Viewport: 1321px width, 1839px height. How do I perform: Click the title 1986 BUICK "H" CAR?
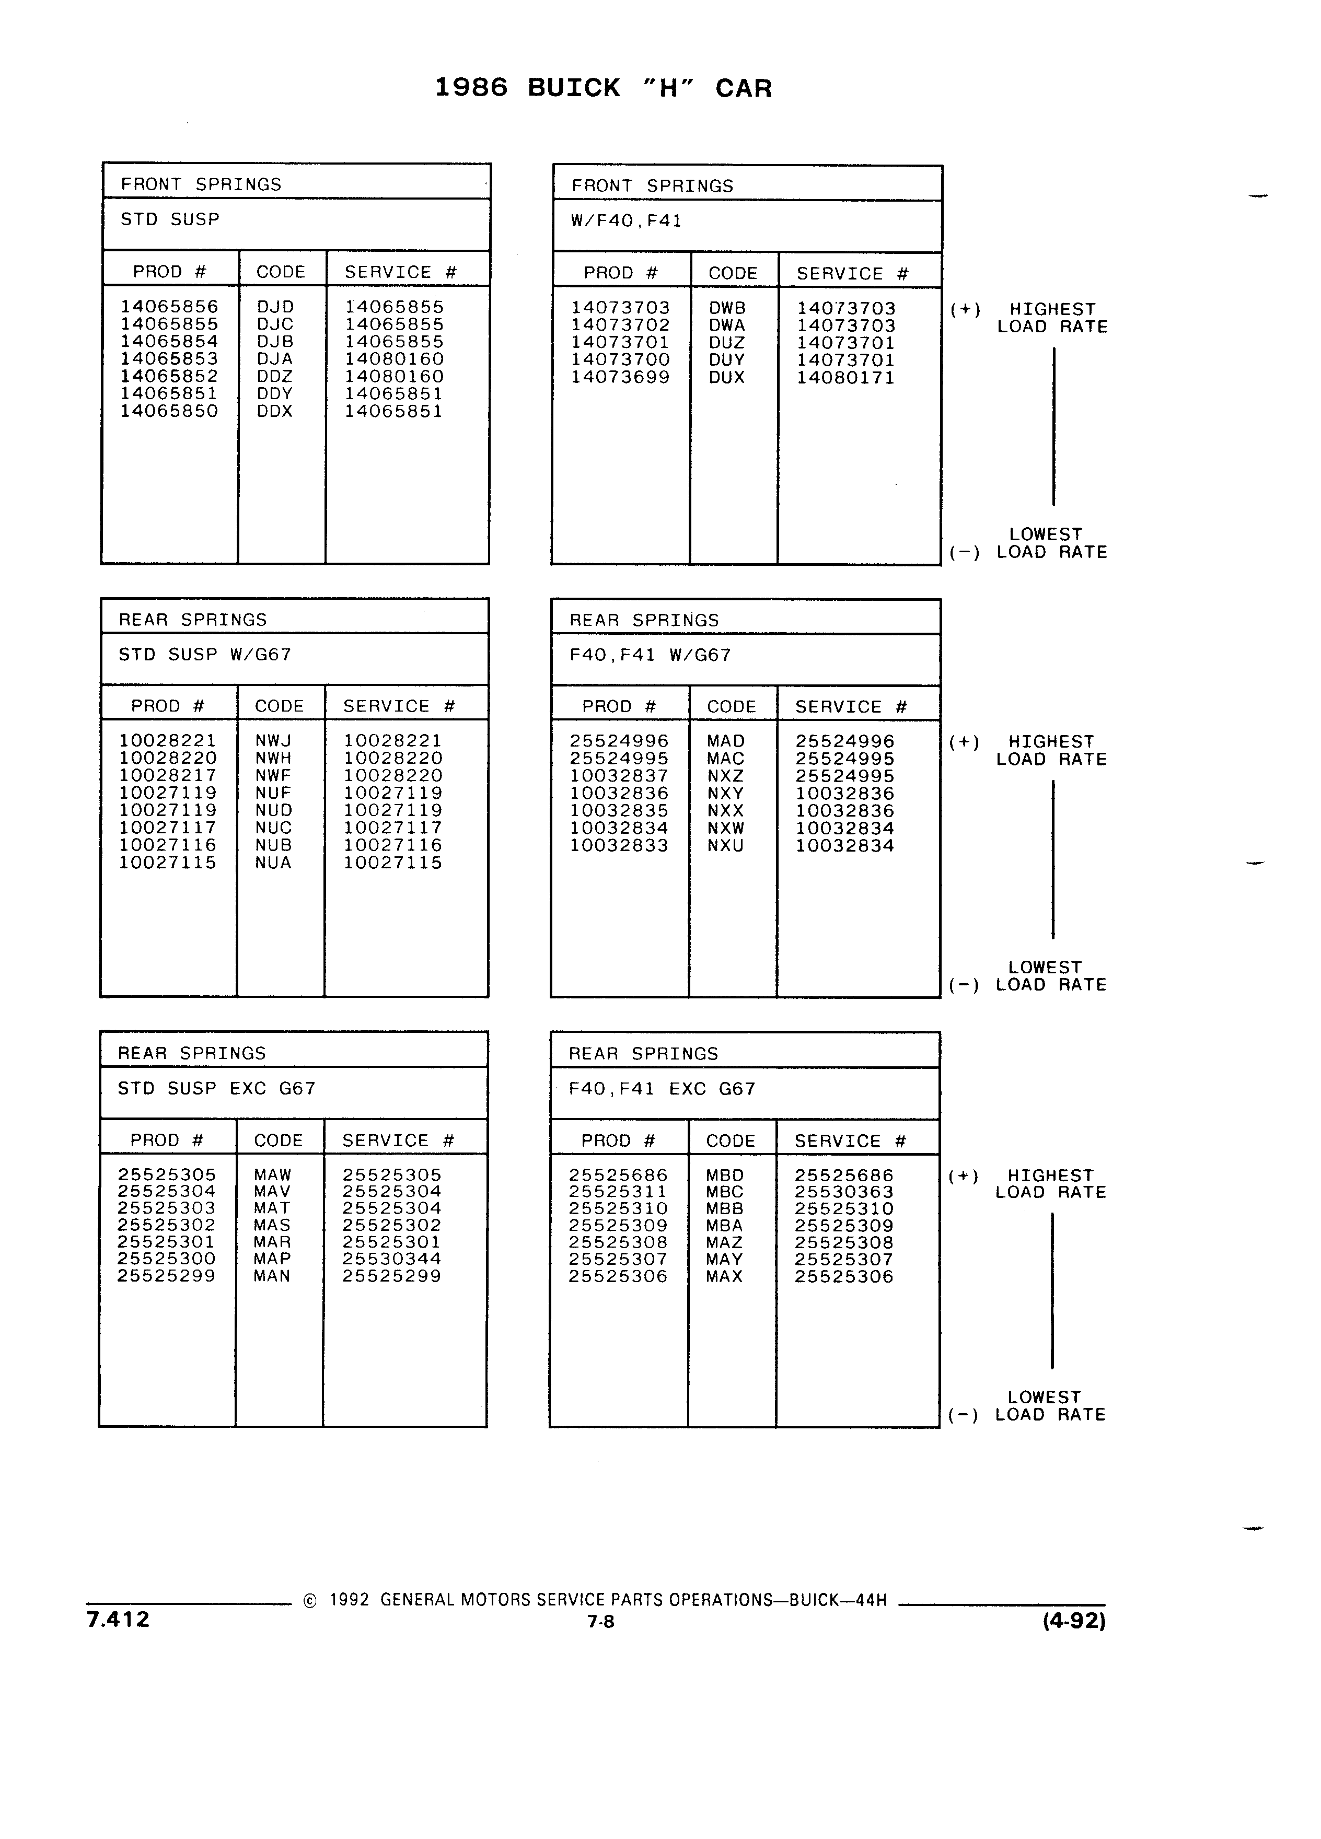point(604,88)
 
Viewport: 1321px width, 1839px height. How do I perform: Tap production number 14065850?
point(169,411)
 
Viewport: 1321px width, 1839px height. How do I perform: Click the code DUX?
point(726,378)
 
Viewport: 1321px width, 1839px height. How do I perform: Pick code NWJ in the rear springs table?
point(273,740)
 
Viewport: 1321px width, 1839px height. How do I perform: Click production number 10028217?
point(168,775)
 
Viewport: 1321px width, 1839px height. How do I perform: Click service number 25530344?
point(392,1259)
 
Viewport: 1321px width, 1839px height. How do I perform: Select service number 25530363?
point(844,1192)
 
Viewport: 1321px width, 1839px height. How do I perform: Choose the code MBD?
point(725,1175)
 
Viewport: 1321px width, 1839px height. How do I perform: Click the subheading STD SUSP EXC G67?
point(216,1088)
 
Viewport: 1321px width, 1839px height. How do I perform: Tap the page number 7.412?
point(119,1619)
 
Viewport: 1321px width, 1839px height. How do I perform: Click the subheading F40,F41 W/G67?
point(651,655)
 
